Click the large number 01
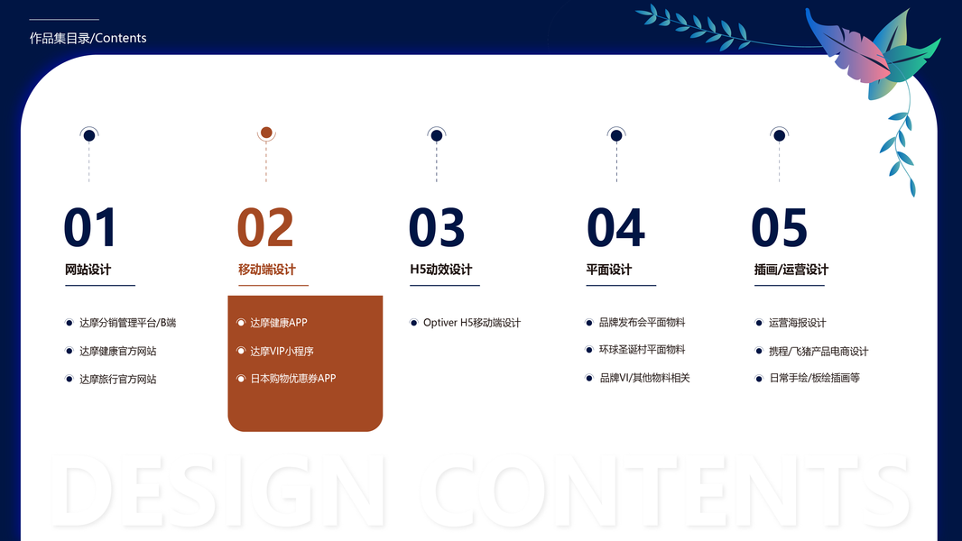pyautogui.click(x=89, y=227)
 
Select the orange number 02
pyautogui.click(x=265, y=227)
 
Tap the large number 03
pyautogui.click(x=437, y=227)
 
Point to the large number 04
pyautogui.click(x=615, y=227)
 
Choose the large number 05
pyautogui.click(x=779, y=227)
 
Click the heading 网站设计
pyautogui.click(x=88, y=270)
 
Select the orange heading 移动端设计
pyautogui.click(x=267, y=270)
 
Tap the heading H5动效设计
pyautogui.click(x=441, y=270)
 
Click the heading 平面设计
pyautogui.click(x=608, y=270)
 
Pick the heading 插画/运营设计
pyautogui.click(x=791, y=270)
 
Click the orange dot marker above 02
pyautogui.click(x=266, y=133)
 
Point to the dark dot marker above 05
pyautogui.click(x=779, y=135)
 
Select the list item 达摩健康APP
pyautogui.click(x=279, y=323)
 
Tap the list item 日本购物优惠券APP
pyautogui.click(x=293, y=379)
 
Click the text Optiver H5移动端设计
pyautogui.click(x=472, y=323)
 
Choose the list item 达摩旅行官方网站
pyautogui.click(x=118, y=380)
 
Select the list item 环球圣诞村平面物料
pyautogui.click(x=642, y=350)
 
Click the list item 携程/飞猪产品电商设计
pyautogui.click(x=819, y=351)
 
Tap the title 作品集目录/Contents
pyautogui.click(x=88, y=38)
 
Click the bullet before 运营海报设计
pyautogui.click(x=758, y=323)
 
